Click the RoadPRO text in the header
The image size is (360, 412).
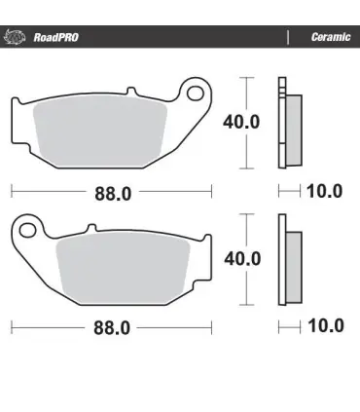tap(55, 37)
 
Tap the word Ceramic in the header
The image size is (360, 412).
tap(331, 37)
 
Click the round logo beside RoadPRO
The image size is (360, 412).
tap(14, 37)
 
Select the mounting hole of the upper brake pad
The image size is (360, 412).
tap(196, 93)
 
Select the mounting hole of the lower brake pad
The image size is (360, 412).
tap(27, 230)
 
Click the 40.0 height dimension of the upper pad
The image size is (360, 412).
tap(241, 122)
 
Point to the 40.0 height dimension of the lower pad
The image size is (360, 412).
tap(242, 259)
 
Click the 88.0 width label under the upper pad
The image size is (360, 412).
tap(113, 194)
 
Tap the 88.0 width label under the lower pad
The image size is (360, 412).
tap(112, 328)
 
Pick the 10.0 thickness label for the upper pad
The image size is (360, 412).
tap(324, 191)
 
